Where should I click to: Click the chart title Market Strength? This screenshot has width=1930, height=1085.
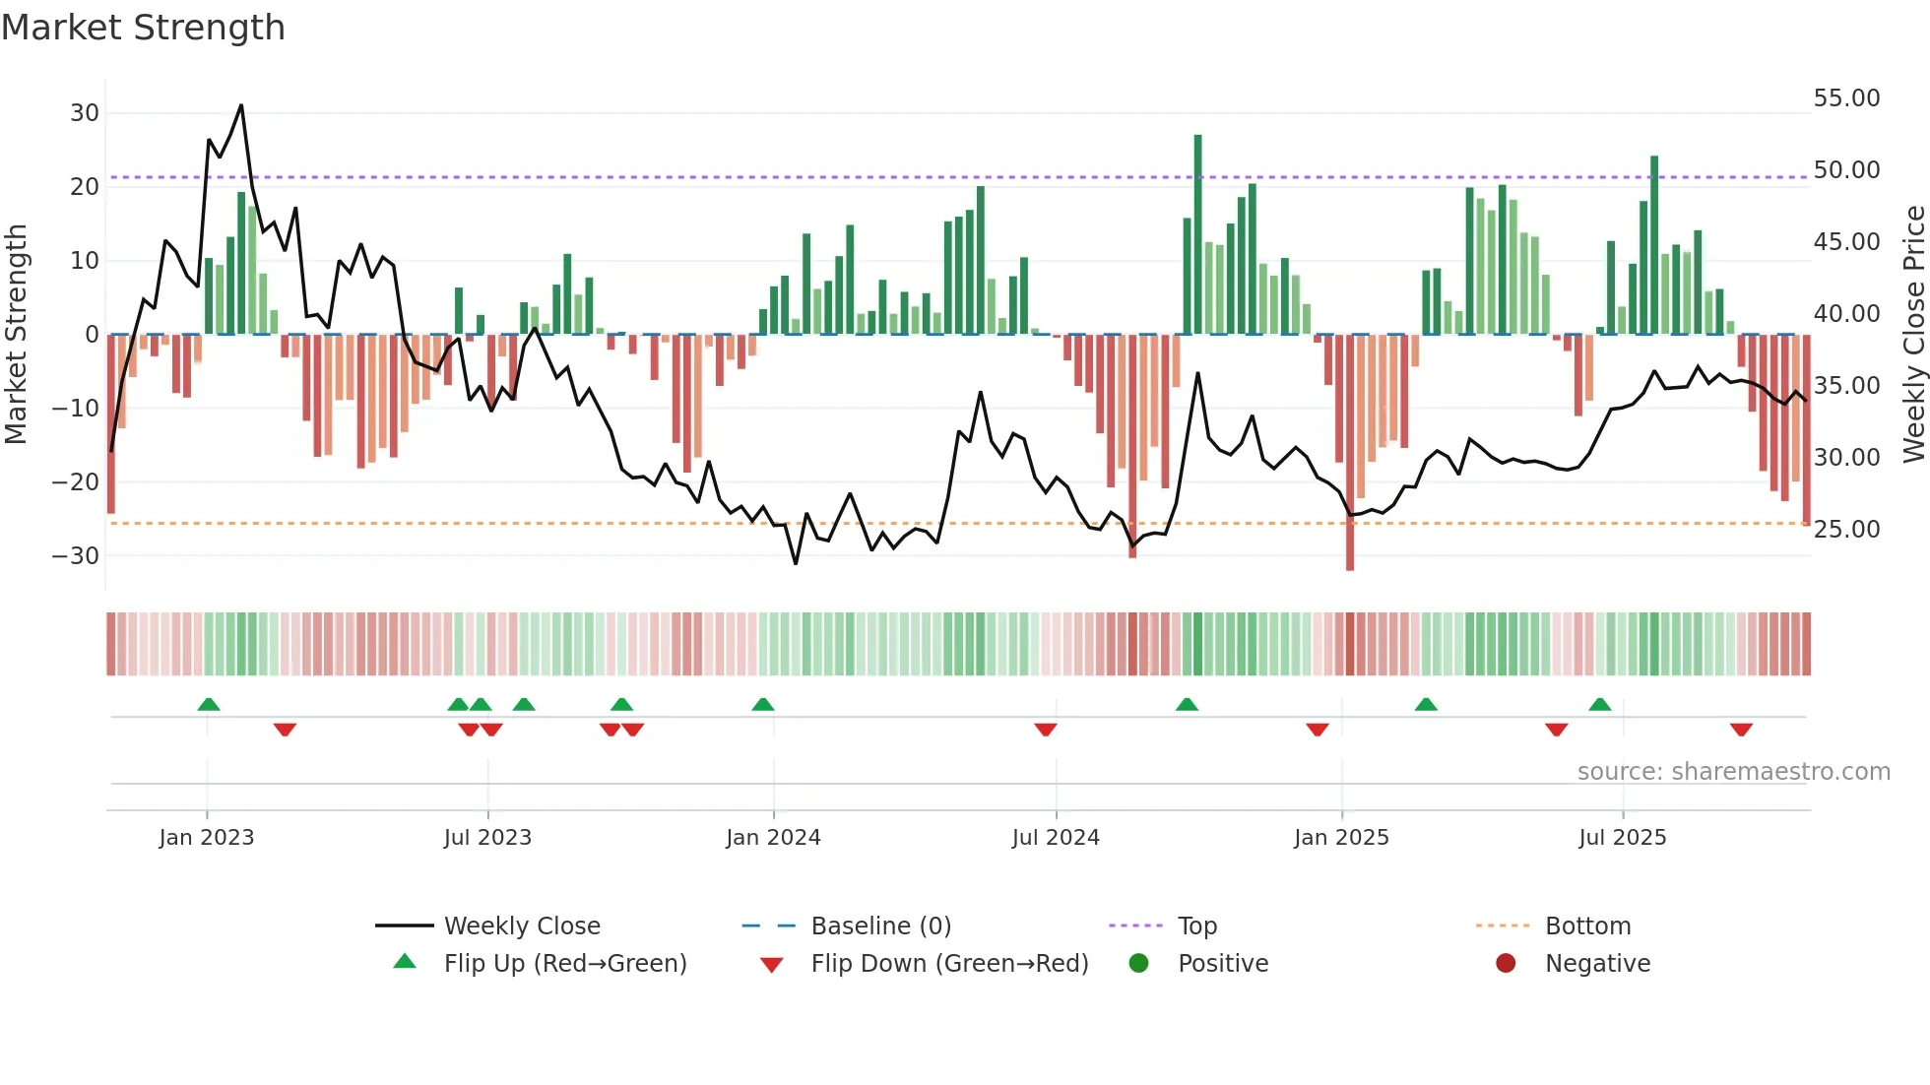click(143, 28)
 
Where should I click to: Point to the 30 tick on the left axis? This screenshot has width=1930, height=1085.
click(85, 113)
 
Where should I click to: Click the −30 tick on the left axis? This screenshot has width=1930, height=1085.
click(77, 555)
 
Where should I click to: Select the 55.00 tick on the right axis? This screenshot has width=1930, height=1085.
click(1846, 98)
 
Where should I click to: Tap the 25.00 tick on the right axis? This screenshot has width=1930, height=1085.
click(1846, 530)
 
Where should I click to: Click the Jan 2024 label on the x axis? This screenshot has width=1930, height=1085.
click(773, 838)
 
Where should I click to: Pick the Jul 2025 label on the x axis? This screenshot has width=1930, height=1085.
click(1622, 838)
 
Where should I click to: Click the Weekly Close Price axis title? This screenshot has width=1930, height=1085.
click(1913, 335)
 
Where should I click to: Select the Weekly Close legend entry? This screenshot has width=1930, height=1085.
click(521, 926)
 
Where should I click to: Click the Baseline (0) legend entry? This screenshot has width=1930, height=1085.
click(880, 926)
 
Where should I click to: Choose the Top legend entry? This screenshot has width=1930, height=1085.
click(1196, 926)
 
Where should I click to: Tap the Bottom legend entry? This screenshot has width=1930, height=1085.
click(1587, 926)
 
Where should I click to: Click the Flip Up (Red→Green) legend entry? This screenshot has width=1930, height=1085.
click(564, 964)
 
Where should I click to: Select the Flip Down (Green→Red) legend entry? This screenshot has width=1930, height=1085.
click(949, 964)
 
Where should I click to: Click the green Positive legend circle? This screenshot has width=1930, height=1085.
click(1139, 964)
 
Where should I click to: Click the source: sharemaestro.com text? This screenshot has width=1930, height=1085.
click(1733, 772)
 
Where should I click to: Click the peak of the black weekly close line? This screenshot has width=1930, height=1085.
click(241, 105)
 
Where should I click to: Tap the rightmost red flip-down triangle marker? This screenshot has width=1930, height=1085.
click(1741, 730)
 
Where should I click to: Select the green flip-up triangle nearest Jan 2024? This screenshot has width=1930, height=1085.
click(763, 704)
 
